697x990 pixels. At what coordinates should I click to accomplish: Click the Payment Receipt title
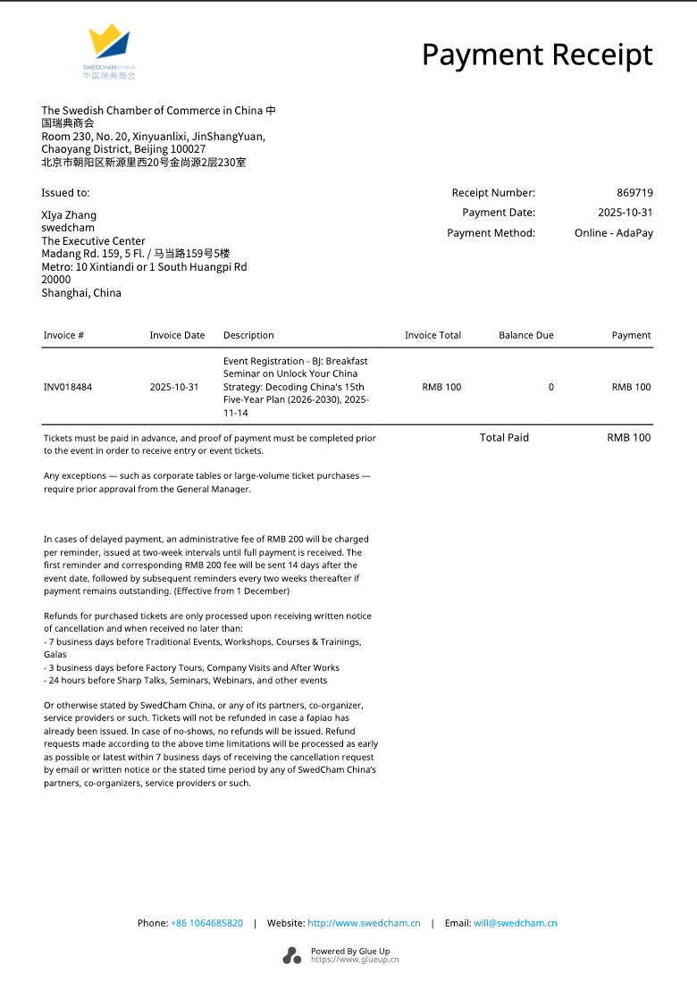tap(537, 55)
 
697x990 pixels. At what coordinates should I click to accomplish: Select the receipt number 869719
tap(634, 193)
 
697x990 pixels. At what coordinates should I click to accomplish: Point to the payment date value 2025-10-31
tap(626, 213)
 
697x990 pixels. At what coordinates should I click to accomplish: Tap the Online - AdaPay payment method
tap(613, 233)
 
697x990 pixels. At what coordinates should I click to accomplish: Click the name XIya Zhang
tap(69, 215)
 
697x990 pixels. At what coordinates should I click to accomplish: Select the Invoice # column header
tap(63, 336)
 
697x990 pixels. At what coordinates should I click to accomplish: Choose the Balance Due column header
tap(525, 336)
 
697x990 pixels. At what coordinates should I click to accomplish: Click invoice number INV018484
tap(68, 388)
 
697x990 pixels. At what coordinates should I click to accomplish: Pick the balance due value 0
tap(550, 388)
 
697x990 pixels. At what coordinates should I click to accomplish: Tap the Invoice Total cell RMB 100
tap(441, 388)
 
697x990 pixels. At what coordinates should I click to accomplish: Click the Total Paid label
tap(504, 438)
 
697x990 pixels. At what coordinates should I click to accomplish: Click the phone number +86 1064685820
tap(206, 924)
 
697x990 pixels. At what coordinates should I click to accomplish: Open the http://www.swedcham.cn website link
tap(364, 924)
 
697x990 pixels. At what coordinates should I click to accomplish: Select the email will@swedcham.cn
tap(515, 924)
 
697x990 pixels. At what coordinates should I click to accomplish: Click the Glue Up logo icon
tap(292, 955)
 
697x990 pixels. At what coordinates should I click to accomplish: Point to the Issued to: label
tap(65, 193)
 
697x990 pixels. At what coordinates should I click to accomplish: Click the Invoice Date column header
tap(177, 336)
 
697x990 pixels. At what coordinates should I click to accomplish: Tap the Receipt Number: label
tap(493, 193)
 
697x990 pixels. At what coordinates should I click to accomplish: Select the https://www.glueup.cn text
tap(355, 961)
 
